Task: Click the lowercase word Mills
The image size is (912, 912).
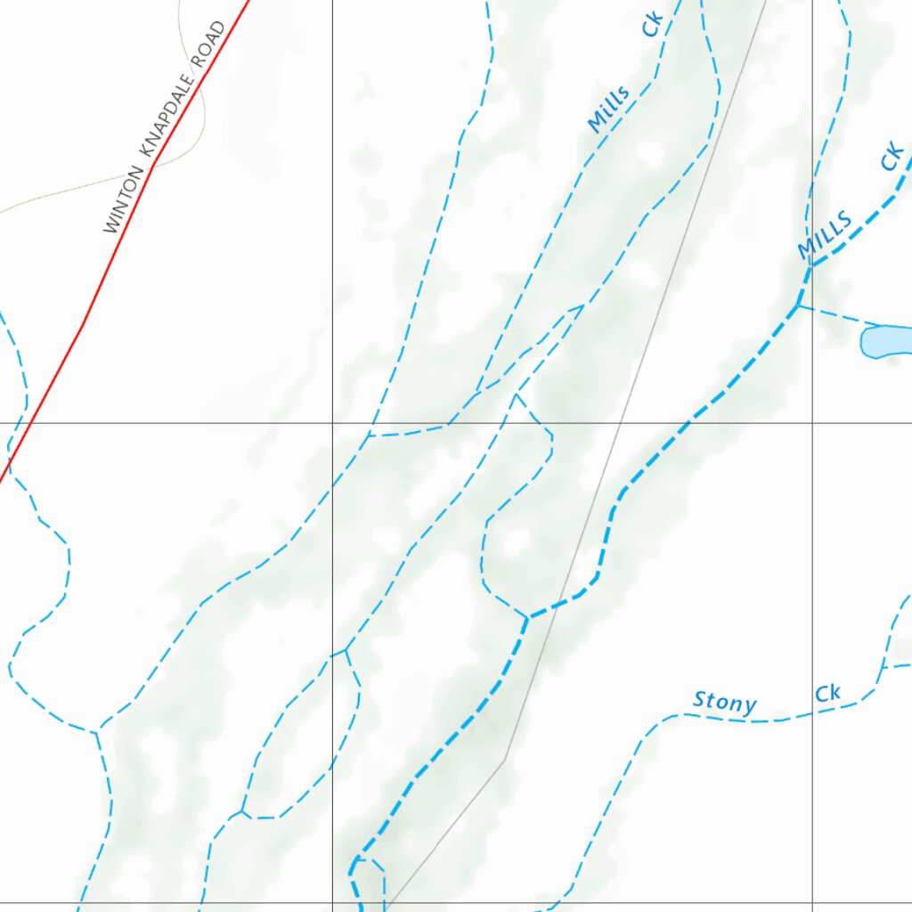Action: [x=609, y=109]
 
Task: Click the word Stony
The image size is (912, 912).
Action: [x=725, y=703]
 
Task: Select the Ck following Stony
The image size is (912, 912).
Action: [x=827, y=693]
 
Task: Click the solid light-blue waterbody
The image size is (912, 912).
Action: [x=887, y=341]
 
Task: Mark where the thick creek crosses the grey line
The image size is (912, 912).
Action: [x=558, y=606]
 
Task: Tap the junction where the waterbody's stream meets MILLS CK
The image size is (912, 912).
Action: [x=798, y=305]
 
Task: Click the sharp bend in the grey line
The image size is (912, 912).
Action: [x=505, y=760]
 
